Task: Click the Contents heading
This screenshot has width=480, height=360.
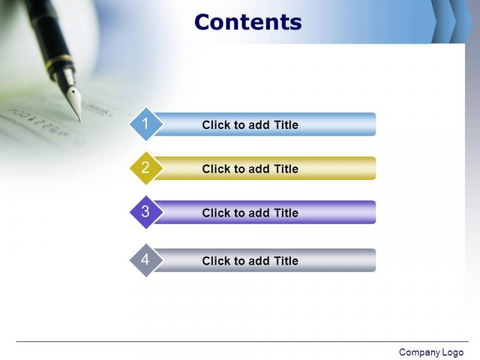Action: [x=248, y=22]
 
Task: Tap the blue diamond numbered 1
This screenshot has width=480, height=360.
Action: [x=146, y=124]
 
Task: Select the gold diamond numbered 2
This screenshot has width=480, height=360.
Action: [x=146, y=168]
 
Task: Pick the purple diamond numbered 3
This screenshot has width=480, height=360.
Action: [x=146, y=212]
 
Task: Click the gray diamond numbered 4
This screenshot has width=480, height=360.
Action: [x=146, y=260]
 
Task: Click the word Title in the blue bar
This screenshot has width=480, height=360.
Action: [x=286, y=125]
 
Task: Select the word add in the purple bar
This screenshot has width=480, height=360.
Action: [x=259, y=213]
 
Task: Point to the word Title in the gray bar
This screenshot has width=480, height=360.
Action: [x=286, y=261]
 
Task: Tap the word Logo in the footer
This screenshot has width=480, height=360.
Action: [x=453, y=352]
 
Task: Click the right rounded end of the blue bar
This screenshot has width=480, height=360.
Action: [x=373, y=124]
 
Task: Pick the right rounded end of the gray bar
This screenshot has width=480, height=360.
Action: [x=373, y=260]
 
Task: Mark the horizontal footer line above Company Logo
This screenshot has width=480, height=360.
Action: [x=242, y=341]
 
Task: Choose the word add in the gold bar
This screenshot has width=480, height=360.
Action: [x=259, y=169]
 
